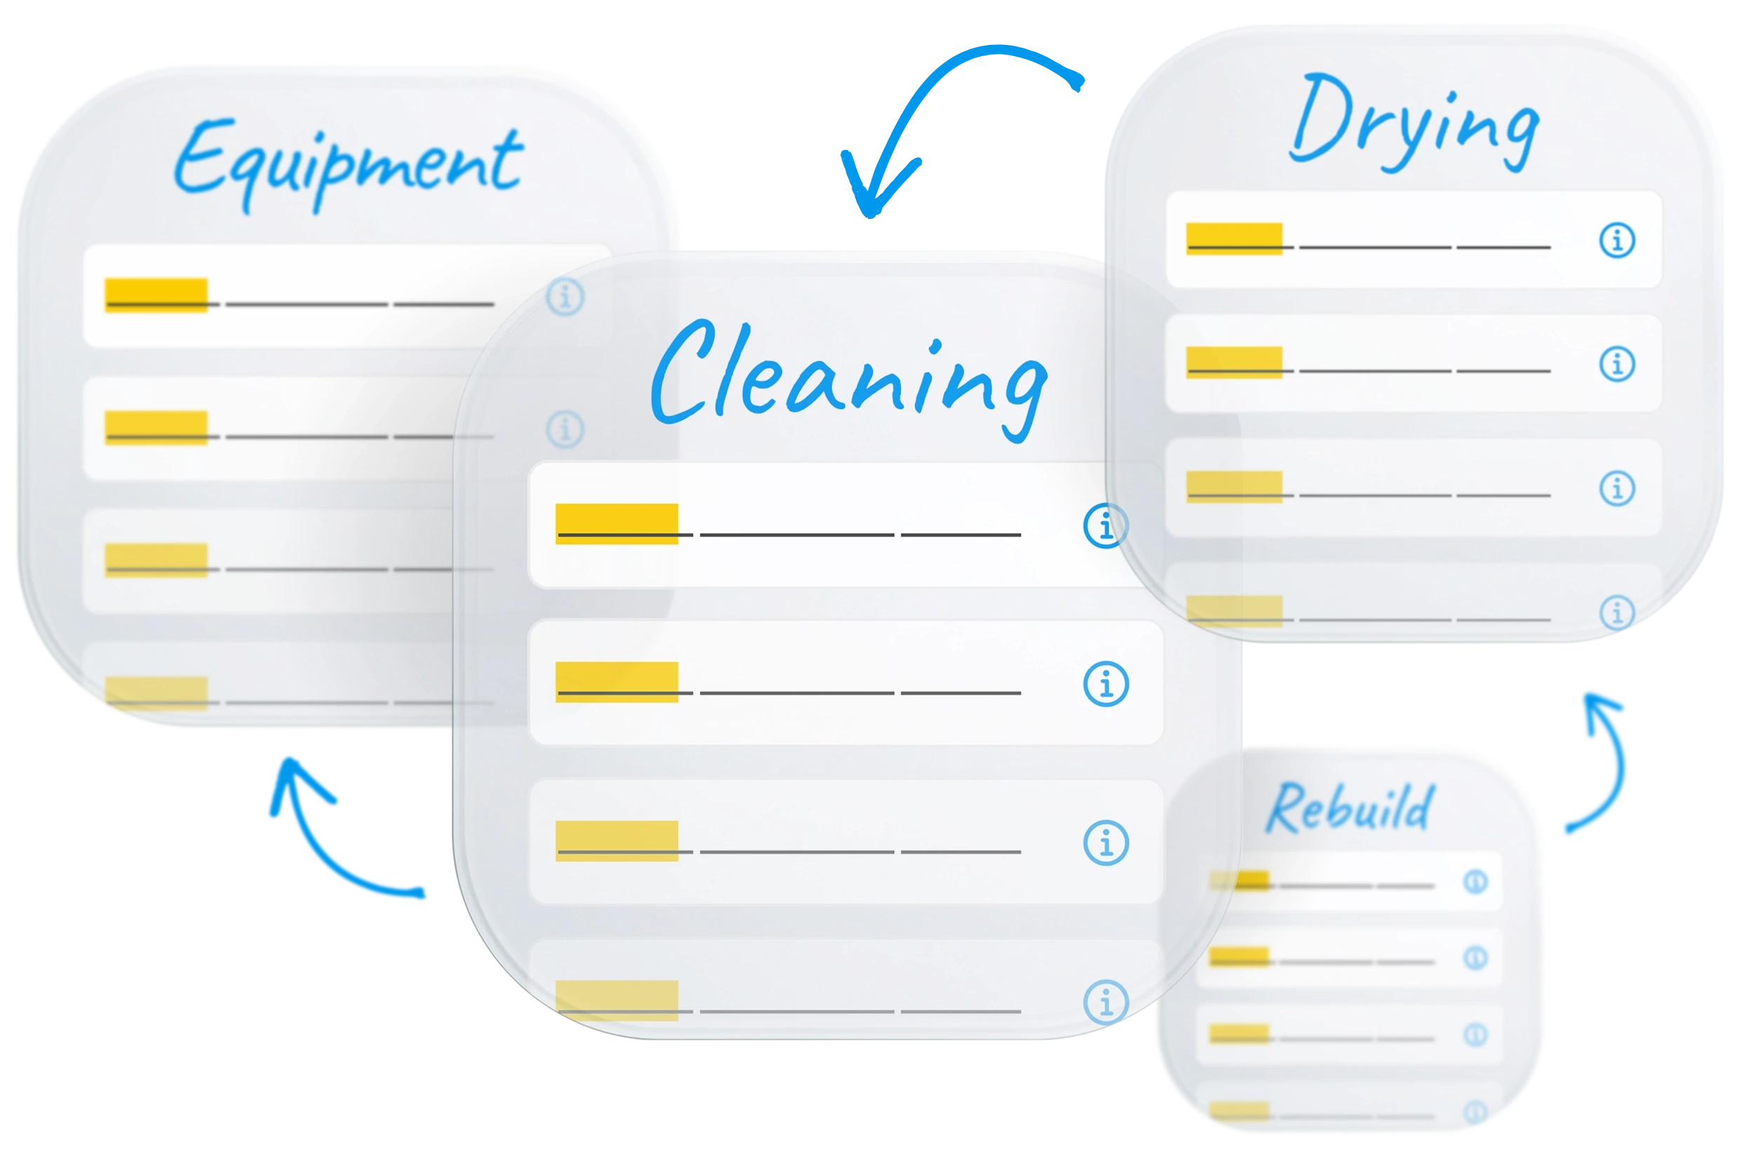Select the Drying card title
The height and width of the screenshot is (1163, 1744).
coord(1414,122)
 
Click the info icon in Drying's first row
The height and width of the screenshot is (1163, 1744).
coord(1616,241)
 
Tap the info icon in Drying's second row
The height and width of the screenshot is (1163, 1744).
coord(1616,364)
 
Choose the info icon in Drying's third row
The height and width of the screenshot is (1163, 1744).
coord(1616,489)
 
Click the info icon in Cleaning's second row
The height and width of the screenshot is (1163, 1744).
coord(1106,684)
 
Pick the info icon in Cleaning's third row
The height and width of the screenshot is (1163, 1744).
coord(1106,842)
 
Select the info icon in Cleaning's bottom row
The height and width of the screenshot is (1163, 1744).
coord(1106,1002)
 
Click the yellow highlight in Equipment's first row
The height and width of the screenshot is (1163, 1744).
coord(156,295)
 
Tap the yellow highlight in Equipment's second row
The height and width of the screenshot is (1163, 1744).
coord(156,427)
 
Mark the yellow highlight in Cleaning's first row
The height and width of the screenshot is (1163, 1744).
coord(617,524)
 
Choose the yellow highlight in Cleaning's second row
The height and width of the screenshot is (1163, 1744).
coord(617,682)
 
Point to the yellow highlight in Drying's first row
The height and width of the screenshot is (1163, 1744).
coord(1233,238)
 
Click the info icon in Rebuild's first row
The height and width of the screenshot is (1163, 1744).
coord(1475,882)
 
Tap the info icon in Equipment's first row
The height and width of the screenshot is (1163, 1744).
coord(565,297)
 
